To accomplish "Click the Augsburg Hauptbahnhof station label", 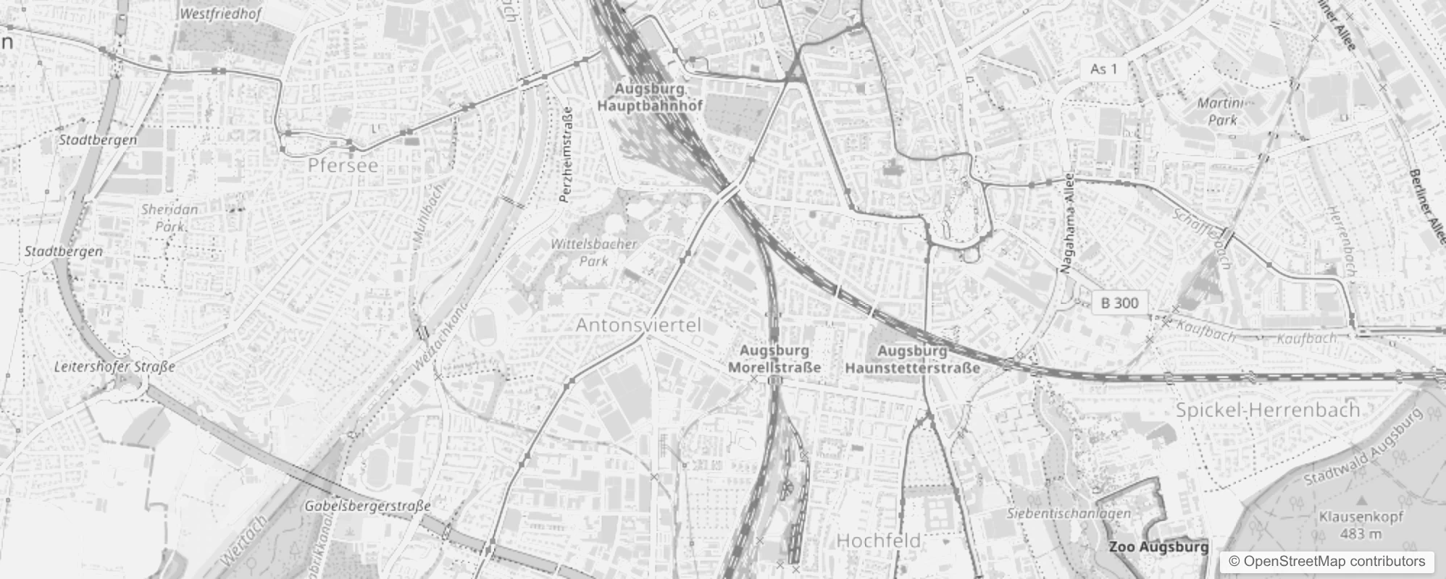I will pos(650,97).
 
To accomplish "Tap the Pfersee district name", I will pos(343,166).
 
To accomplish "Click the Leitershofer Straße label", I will pos(114,367).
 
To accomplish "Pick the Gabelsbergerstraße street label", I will pos(367,506).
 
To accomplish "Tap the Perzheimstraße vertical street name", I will pos(567,154).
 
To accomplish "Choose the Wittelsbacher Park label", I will pos(594,252).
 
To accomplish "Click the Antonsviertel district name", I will pos(638,326).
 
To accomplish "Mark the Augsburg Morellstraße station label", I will pos(774,359).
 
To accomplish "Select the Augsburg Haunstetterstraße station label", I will pos(912,359).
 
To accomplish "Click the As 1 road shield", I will pos(1103,69).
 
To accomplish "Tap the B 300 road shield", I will pos(1119,303).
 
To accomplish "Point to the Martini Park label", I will pos(1224,111).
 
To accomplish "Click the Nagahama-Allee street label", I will pos(1067,224).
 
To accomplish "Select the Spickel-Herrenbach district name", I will pos(1267,410).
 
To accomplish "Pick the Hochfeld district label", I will pos(878,541).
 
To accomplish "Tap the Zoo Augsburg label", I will pos(1158,547).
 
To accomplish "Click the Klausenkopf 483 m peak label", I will pos(1361,525).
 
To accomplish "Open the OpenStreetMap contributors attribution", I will pos(1326,562).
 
